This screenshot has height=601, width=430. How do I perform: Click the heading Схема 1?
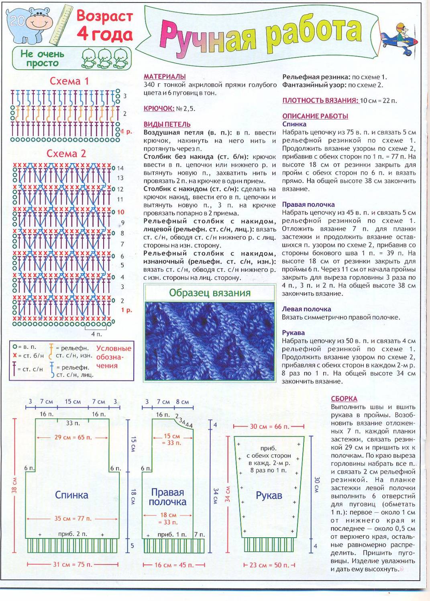pyautogui.click(x=69, y=81)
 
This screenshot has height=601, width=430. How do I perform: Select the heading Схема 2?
pyautogui.click(x=66, y=154)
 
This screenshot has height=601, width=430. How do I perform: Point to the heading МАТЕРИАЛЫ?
pyautogui.click(x=165, y=77)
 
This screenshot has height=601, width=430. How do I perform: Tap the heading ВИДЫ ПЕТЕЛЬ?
pyautogui.click(x=167, y=124)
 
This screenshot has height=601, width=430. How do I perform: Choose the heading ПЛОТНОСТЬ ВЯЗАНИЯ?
pyautogui.click(x=320, y=100)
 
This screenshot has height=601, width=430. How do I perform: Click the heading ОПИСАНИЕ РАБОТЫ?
pyautogui.click(x=315, y=116)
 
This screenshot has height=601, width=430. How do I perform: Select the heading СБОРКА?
pyautogui.click(x=344, y=399)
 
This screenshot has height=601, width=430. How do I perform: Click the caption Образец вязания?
pyautogui.click(x=210, y=293)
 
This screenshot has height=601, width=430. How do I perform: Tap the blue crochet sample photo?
pyautogui.click(x=210, y=341)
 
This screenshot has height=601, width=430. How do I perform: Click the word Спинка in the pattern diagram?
pyautogui.click(x=71, y=495)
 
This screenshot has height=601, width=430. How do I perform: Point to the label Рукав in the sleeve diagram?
pyautogui.click(x=269, y=496)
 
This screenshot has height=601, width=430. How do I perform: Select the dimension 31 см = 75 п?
pyautogui.click(x=73, y=565)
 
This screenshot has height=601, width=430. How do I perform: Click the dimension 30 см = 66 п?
pyautogui.click(x=269, y=427)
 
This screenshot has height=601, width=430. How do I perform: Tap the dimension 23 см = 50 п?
pyautogui.click(x=269, y=565)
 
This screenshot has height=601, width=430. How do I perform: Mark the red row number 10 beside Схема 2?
pyautogui.click(x=120, y=212)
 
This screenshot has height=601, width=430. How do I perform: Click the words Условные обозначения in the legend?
pyautogui.click(x=114, y=357)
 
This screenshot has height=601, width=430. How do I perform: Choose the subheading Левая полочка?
pyautogui.click(x=306, y=309)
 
